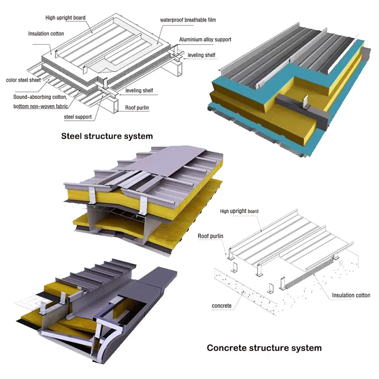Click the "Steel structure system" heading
[107, 136]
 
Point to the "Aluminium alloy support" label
[205, 39]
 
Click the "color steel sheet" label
[23, 80]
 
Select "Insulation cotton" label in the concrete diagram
[351, 295]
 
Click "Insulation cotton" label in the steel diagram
[46, 34]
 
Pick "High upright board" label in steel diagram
[65, 18]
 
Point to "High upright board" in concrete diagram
[239, 211]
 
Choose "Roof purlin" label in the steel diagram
[137, 108]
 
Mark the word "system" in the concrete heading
[307, 348]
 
